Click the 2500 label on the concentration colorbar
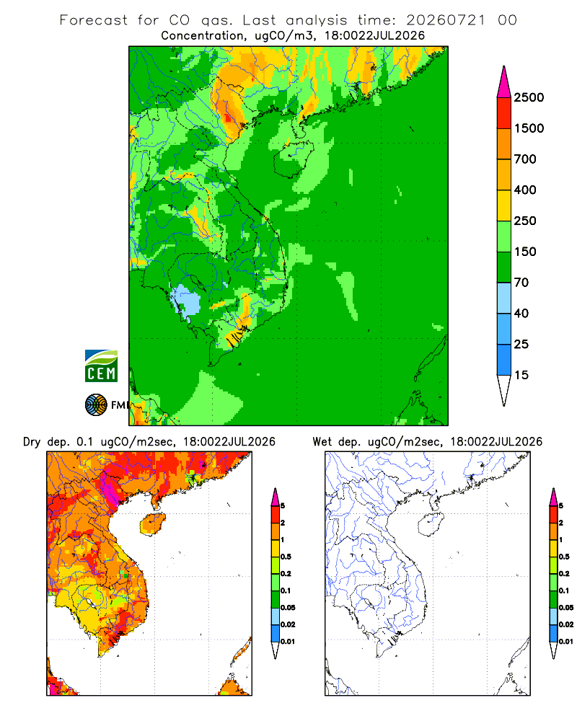pos(529,97)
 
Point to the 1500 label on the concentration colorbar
pos(529,128)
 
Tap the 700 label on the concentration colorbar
pos(525,159)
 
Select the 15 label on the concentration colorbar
pos(521,375)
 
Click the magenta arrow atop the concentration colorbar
pos(504,82)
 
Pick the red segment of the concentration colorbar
pos(504,113)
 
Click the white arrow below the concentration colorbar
pos(504,390)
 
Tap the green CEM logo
pos(101,366)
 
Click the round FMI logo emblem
pos(96,405)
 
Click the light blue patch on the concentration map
pos(186,301)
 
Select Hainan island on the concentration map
pos(294,158)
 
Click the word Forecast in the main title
pos(94,20)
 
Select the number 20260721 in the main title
pos(446,20)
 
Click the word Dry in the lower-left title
pos(32,442)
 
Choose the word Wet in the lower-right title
pos(322,442)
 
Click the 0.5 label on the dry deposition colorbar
pos(286,557)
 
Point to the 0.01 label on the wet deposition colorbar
pos(566,642)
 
